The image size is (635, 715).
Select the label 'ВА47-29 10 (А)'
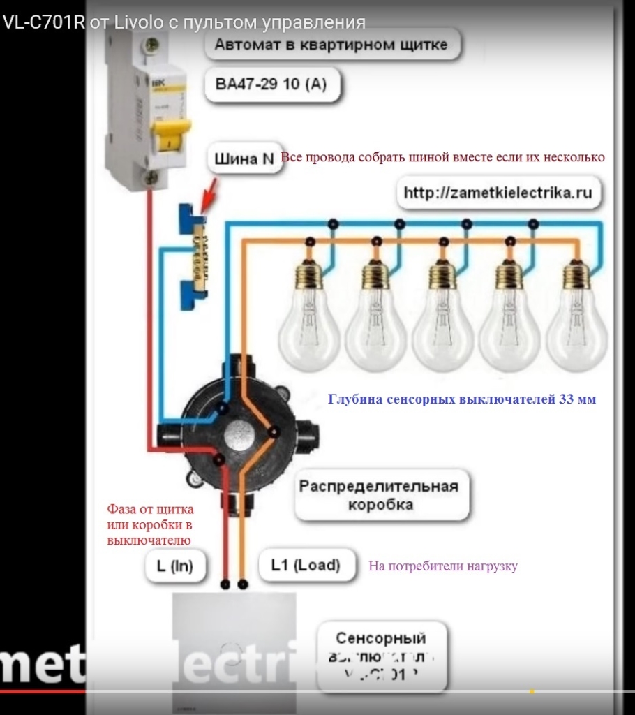coord(271,84)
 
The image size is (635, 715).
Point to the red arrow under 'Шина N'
coord(210,196)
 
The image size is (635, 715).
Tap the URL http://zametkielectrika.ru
coord(498,193)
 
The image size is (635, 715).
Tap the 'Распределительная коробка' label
coord(379,495)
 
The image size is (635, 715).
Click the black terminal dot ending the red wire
coord(225,582)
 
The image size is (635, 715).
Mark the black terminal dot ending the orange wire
coord(242,582)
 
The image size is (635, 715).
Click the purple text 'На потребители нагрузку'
coord(442,566)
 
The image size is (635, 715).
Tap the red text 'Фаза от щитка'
coord(150,509)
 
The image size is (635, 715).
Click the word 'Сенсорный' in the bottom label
coord(380,637)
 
